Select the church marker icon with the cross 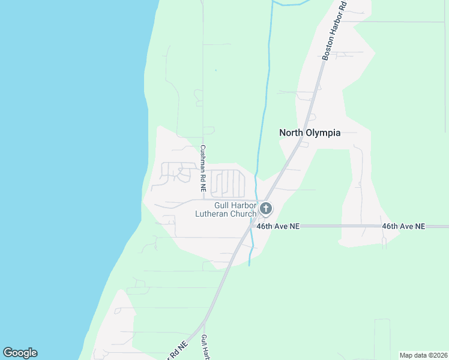[266, 209]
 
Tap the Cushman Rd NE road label [203, 169]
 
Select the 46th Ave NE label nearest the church [278, 227]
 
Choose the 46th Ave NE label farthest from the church [403, 227]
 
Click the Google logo [20, 353]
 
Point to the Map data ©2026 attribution [423, 355]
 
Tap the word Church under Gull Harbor [243, 214]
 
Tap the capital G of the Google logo [8, 353]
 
